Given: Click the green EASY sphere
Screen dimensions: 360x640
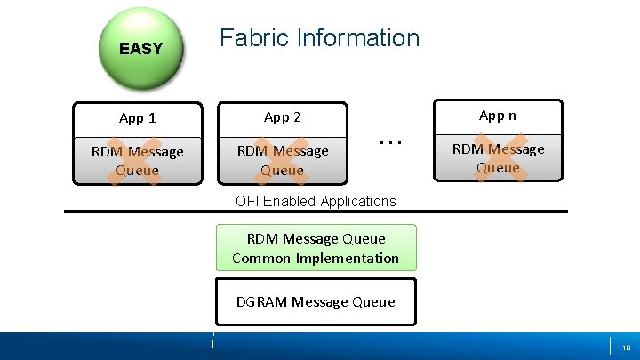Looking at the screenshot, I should point(140,49).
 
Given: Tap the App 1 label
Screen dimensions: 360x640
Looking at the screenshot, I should point(137,117).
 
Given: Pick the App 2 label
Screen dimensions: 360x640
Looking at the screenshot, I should point(283,117).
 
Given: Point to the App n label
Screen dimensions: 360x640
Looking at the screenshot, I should point(498,115).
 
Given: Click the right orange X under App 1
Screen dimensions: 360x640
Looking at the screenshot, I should point(148,161).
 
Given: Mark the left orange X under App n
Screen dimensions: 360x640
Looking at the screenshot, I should point(484,157).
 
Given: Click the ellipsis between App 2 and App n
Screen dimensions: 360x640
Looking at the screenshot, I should point(390,141).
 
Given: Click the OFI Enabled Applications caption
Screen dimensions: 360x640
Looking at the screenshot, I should point(316,201).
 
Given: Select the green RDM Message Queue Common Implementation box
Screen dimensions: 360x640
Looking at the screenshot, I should point(316,248).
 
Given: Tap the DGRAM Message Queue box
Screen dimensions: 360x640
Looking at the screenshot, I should point(316,302).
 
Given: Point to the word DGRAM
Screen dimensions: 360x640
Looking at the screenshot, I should point(261,302).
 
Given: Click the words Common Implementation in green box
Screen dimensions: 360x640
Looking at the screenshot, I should point(316,259).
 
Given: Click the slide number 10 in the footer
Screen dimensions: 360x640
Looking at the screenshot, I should point(626,347).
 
